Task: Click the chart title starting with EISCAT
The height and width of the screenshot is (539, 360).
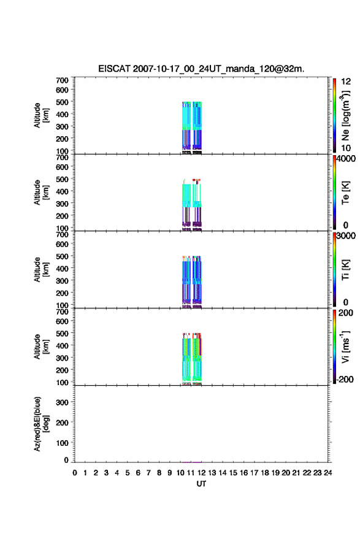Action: tap(201, 69)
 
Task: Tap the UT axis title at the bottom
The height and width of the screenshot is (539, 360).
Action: tap(202, 484)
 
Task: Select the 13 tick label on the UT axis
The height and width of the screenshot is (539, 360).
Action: tap(212, 473)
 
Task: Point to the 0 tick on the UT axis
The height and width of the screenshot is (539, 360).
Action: tap(75, 473)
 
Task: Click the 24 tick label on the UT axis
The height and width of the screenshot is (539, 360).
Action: tap(327, 473)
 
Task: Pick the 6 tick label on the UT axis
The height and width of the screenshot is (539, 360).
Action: tap(138, 473)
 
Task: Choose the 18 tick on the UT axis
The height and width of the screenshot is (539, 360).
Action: tap(265, 473)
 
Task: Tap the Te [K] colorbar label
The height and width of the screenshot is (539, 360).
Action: tap(345, 193)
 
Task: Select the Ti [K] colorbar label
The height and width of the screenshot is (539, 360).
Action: tap(345, 270)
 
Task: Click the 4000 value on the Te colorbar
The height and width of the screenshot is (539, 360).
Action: tap(346, 159)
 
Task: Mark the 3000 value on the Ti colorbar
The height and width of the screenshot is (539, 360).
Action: tap(346, 236)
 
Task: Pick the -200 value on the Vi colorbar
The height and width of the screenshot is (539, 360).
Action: tap(344, 380)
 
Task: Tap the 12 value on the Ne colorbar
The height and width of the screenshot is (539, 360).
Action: tap(347, 82)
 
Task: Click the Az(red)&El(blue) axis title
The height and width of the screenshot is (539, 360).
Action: tap(41, 424)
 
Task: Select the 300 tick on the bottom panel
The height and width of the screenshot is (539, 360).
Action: tap(62, 402)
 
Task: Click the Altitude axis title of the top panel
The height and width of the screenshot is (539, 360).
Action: tap(41, 115)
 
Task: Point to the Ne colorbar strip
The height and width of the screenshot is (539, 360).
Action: tap(334, 115)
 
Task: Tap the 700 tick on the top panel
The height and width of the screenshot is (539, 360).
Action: tap(62, 80)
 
